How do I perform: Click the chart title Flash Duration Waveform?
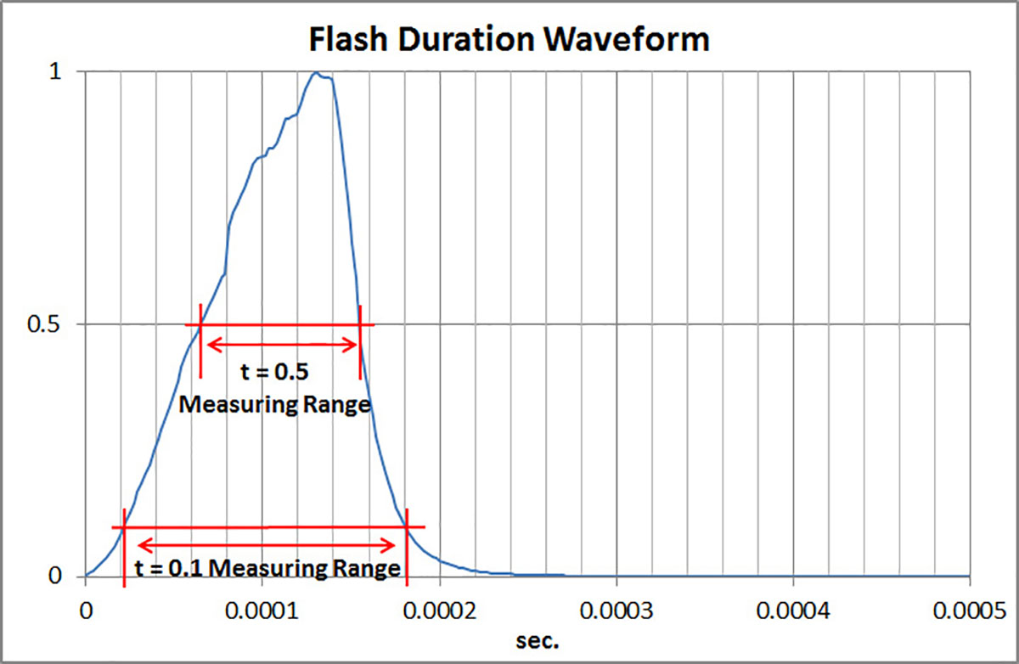[509, 38]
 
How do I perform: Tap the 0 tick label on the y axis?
[55, 577]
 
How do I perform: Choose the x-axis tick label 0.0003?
[616, 610]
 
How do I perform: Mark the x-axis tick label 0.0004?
[793, 610]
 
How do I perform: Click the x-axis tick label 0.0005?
[970, 610]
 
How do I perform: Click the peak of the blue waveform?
[316, 73]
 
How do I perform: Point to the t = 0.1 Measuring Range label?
[267, 567]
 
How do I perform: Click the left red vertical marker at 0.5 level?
[200, 340]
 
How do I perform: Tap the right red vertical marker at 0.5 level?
[360, 340]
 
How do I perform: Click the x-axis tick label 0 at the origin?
[85, 610]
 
